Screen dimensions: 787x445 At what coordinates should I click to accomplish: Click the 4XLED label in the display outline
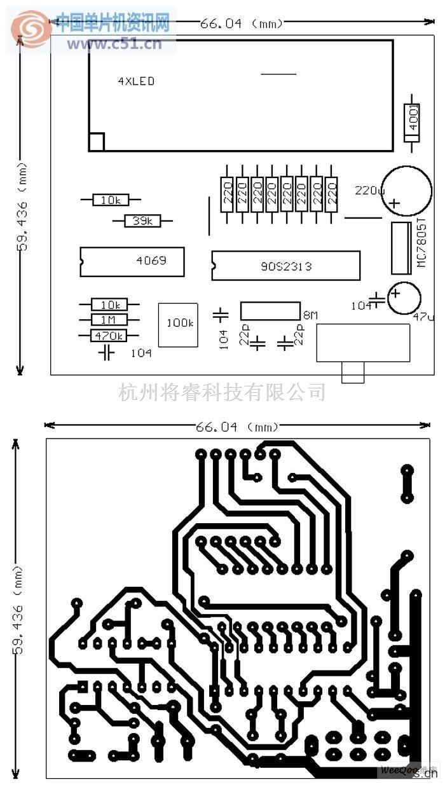136,81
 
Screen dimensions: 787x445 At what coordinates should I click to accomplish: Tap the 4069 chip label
151,261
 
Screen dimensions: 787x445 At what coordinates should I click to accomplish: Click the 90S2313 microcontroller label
286,266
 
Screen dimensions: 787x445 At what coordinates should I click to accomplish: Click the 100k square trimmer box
179,324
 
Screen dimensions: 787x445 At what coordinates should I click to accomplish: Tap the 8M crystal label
310,315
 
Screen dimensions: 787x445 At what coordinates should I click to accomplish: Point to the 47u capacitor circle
404,298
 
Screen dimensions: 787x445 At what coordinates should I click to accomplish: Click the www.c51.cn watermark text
114,44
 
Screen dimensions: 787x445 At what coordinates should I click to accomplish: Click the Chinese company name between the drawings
222,392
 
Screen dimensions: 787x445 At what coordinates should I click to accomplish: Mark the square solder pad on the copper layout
82,686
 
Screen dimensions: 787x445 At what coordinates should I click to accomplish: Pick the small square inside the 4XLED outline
96,142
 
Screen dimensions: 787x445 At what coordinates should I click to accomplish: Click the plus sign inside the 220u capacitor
394,203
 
